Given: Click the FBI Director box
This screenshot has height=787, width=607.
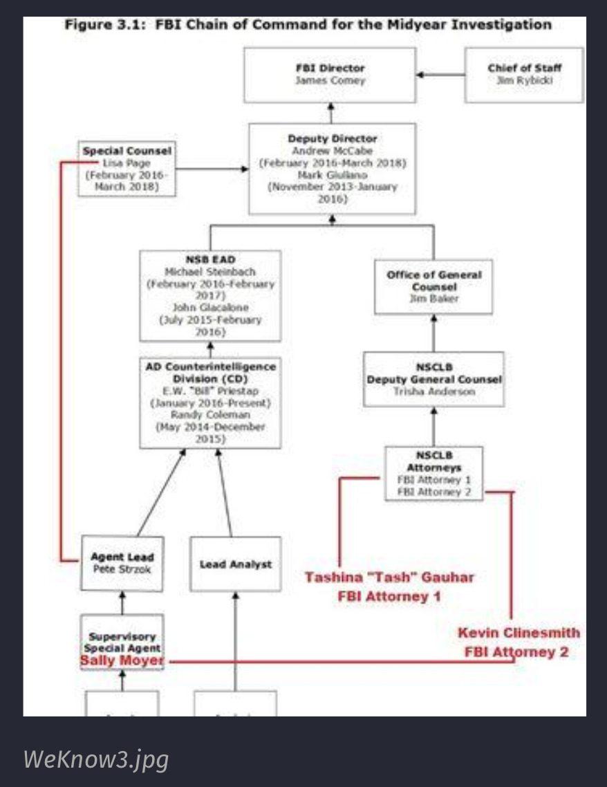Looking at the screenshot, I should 330,75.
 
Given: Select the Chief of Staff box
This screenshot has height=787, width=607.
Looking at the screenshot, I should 523,74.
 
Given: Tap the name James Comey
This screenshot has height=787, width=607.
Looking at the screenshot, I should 330,81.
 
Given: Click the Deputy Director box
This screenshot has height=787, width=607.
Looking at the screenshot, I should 332,168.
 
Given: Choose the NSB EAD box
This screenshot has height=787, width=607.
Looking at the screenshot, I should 210,295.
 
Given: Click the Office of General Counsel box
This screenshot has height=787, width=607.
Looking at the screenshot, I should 433,286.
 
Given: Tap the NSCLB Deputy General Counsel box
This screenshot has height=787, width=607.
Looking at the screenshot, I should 433,379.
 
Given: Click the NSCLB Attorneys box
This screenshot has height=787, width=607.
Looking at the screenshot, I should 433,473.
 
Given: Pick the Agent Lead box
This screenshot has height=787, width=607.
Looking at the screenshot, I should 122,563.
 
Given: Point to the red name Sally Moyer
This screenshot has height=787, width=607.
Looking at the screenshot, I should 122,661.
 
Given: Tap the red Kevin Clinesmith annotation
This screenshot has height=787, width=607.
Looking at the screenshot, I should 519,642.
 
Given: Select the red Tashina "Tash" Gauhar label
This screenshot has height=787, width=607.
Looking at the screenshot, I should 389,586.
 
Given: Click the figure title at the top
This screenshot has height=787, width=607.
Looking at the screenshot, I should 308,25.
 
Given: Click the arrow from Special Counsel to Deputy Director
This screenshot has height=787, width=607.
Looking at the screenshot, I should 211,168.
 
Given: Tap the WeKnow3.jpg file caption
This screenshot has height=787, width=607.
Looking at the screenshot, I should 96,759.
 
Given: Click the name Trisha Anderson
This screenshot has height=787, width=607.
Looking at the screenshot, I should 434,391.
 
